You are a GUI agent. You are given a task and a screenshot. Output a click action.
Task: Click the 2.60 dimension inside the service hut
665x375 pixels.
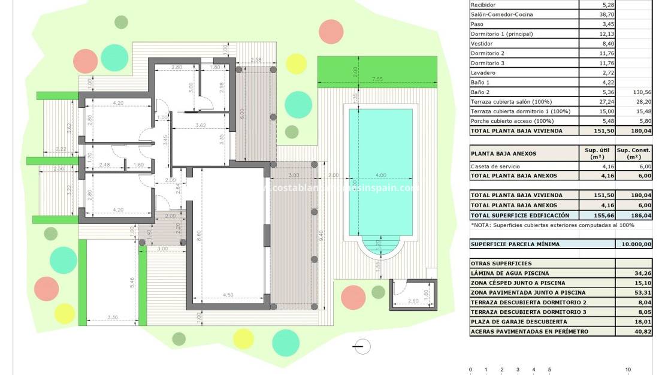click(413, 301)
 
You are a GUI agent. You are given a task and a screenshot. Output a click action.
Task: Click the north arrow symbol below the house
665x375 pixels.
click(361, 346)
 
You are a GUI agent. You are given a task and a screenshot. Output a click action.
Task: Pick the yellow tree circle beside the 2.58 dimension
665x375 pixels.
click(296, 63)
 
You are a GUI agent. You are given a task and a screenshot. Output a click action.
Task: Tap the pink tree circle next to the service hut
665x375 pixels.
click(353, 297)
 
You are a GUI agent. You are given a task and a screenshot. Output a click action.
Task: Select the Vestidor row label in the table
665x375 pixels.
click(484, 43)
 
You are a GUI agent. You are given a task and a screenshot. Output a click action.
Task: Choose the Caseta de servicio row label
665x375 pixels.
click(496, 166)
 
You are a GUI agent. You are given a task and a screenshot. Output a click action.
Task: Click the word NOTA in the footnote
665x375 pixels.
click(483, 225)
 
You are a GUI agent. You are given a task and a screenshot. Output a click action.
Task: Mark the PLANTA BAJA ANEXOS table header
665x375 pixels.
click(503, 153)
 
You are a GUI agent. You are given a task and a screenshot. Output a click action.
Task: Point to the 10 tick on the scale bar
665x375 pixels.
click(628, 370)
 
